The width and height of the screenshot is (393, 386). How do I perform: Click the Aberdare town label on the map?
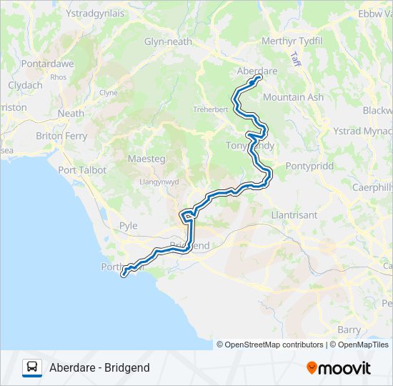[257, 71]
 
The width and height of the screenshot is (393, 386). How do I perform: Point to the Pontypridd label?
[309, 165]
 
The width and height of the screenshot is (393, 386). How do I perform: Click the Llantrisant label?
[294, 214]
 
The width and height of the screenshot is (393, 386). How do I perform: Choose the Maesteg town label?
[146, 158]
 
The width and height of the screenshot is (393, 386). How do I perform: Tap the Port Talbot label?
[82, 170]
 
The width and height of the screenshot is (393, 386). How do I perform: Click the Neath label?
[71, 113]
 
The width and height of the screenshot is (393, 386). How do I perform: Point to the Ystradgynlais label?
[94, 14]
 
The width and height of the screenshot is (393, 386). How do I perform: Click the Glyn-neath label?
[169, 41]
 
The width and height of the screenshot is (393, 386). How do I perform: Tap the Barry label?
[349, 330]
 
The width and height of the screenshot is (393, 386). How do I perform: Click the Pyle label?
[129, 226]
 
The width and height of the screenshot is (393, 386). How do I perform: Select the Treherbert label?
[210, 109]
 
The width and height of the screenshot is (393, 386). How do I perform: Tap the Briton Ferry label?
[61, 136]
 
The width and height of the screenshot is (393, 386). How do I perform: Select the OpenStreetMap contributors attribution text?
[270, 345]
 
